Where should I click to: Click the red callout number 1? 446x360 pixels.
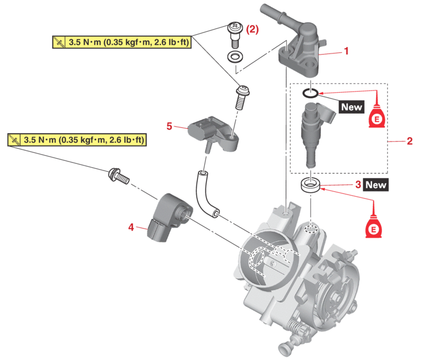coord(345,51)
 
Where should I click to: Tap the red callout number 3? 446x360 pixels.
coord(357,184)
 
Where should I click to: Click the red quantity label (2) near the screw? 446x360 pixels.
coord(251,30)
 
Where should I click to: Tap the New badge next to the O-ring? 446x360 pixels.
coord(351,106)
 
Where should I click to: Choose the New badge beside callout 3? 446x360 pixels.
coord(375,184)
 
